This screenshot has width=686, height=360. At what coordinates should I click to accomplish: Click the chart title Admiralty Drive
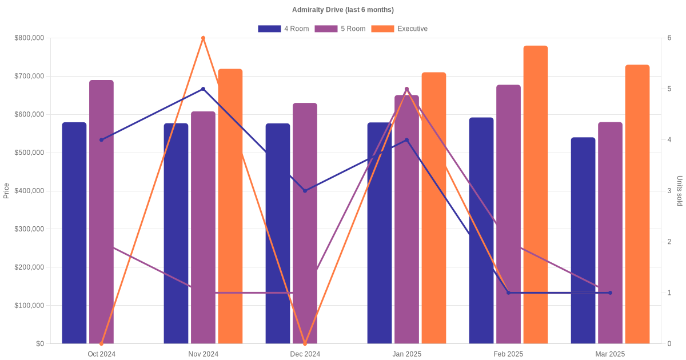(x=342, y=10)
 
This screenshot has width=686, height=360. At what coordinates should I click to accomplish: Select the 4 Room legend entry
(x=283, y=29)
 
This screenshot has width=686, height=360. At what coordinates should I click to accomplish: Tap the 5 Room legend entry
(x=340, y=29)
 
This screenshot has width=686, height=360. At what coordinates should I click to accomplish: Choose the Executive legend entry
(x=399, y=29)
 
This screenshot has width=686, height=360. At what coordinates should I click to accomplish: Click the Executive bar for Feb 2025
(x=535, y=194)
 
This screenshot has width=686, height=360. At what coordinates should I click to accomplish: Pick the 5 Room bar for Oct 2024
(x=101, y=211)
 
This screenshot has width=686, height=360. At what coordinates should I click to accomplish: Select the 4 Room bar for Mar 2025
(x=583, y=240)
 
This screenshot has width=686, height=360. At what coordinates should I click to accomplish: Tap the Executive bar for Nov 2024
(x=230, y=206)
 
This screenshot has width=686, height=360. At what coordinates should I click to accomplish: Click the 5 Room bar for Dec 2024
(x=305, y=223)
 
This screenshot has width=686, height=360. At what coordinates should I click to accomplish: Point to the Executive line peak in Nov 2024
(x=203, y=38)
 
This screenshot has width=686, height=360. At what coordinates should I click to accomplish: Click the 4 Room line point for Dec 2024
(x=305, y=191)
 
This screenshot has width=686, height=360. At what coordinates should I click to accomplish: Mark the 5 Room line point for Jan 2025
(x=406, y=89)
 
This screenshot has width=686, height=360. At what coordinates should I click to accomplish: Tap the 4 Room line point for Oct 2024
(x=101, y=140)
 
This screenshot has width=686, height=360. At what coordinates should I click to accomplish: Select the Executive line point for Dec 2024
(x=305, y=343)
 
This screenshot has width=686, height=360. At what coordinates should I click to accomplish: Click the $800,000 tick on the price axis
(x=29, y=38)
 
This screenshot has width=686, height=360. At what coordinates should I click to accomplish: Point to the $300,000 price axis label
(x=29, y=229)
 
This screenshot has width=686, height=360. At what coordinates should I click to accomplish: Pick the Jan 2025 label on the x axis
(x=406, y=354)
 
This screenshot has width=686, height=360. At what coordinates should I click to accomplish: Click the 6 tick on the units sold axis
(x=669, y=38)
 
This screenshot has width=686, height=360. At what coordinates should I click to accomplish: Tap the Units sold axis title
(x=679, y=191)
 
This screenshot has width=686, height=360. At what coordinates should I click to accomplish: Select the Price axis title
(x=6, y=191)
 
